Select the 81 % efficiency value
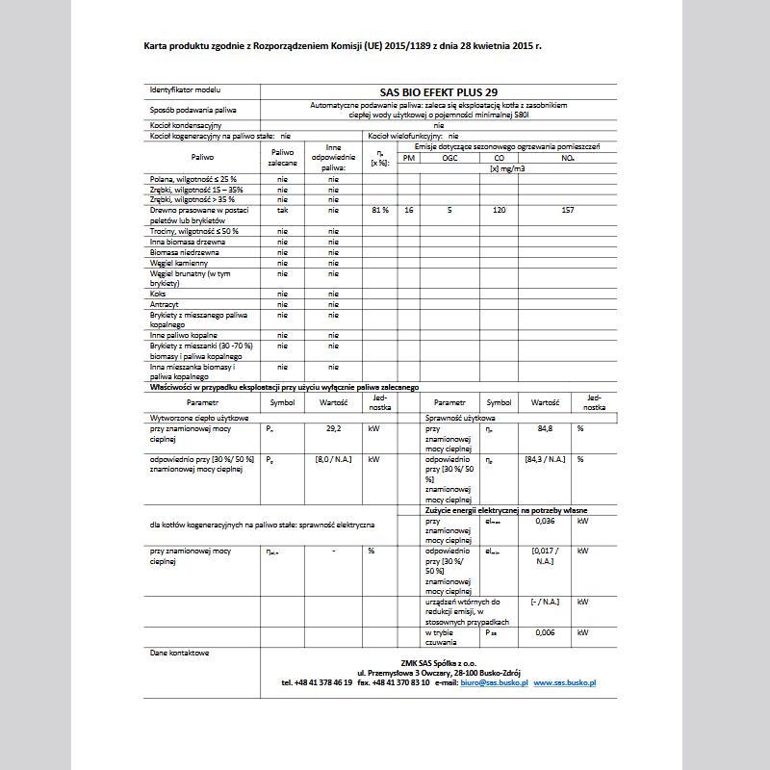(x=379, y=209)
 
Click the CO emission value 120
(x=499, y=209)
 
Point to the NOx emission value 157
(x=567, y=209)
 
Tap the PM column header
(x=409, y=158)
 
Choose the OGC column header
(x=449, y=158)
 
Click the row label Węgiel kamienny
(x=174, y=262)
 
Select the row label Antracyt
(x=165, y=304)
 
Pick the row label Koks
(x=158, y=294)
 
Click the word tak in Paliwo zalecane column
(x=282, y=209)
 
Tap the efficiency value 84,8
(x=545, y=428)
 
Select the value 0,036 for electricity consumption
(x=545, y=521)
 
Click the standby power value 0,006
(x=545, y=632)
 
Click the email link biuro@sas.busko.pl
(x=495, y=681)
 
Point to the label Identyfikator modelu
(x=185, y=90)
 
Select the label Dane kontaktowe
(x=179, y=653)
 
